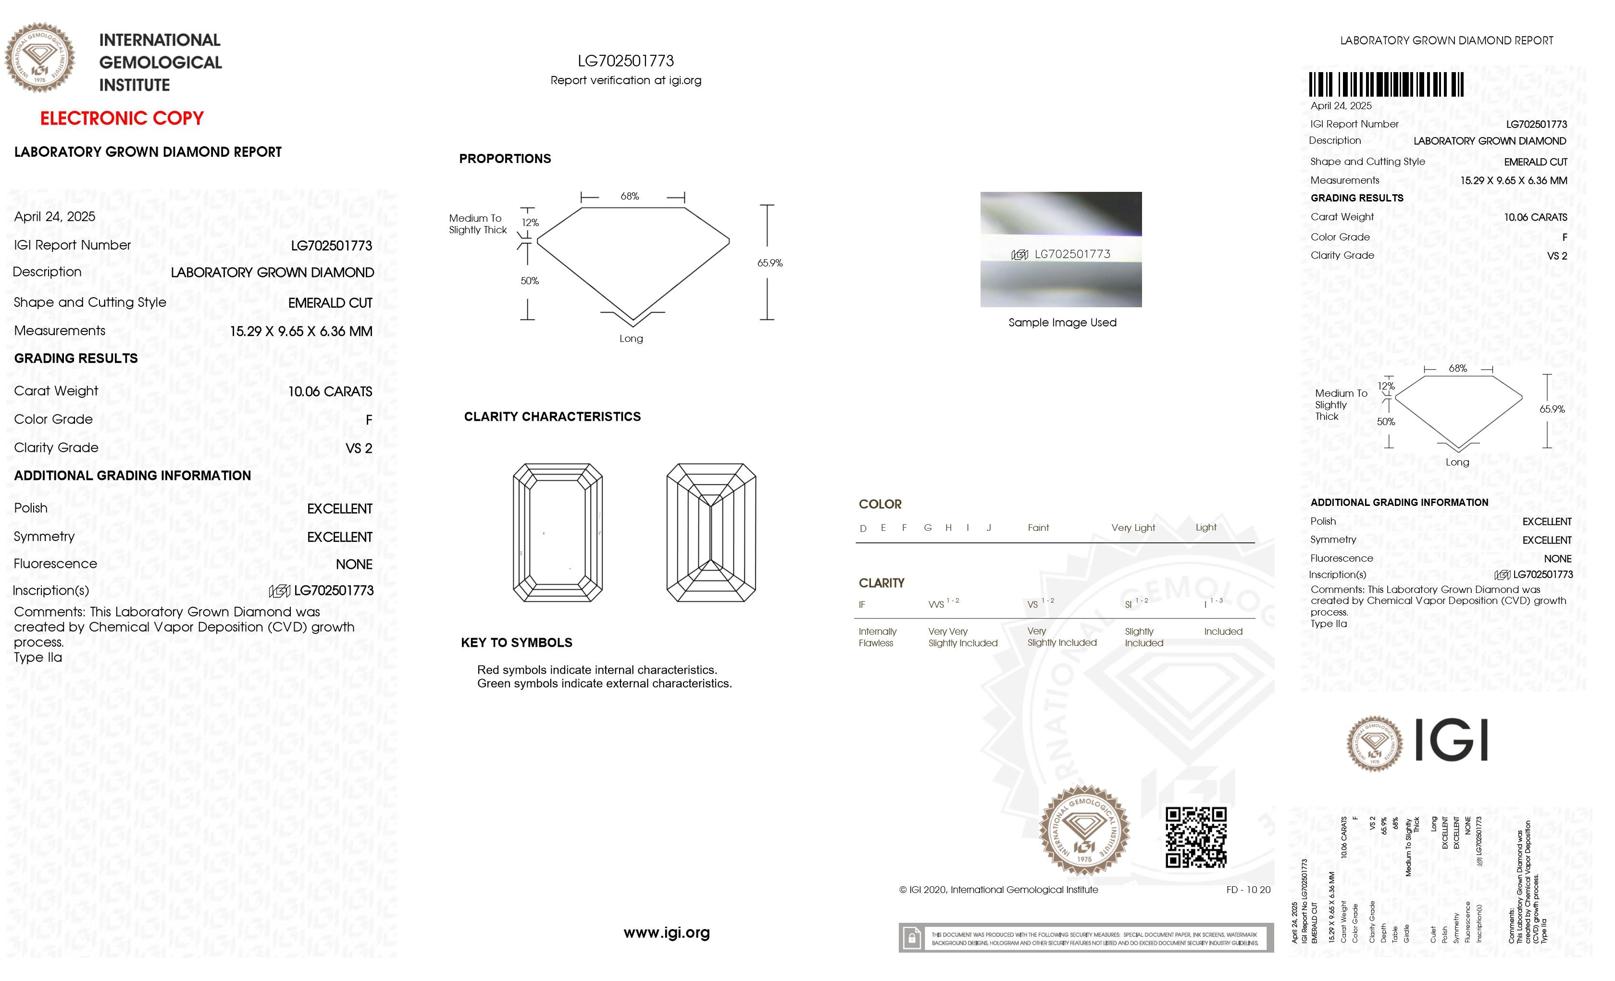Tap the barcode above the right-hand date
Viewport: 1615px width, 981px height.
click(x=1386, y=85)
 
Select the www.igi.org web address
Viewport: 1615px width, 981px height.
click(x=667, y=932)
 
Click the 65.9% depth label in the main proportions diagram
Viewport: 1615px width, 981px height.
click(x=770, y=263)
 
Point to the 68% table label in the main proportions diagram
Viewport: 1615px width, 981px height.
click(x=629, y=196)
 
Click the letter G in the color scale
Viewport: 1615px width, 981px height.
click(x=928, y=528)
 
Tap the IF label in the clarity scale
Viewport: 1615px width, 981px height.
click(x=862, y=604)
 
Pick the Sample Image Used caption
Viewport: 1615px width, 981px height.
click(x=1062, y=323)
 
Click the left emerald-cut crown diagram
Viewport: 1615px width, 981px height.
click(x=558, y=532)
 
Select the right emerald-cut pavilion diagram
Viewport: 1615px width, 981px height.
click(x=711, y=532)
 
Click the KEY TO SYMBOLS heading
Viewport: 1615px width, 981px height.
click(x=517, y=642)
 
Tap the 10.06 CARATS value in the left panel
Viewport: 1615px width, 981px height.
click(x=330, y=391)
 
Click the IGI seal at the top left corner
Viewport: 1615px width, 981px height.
click(x=40, y=58)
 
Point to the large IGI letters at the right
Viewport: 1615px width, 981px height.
click(x=1451, y=741)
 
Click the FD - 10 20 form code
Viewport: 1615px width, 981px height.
click(x=1248, y=890)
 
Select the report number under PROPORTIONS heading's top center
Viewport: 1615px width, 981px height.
click(x=625, y=61)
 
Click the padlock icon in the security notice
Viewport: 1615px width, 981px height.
click(x=911, y=938)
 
